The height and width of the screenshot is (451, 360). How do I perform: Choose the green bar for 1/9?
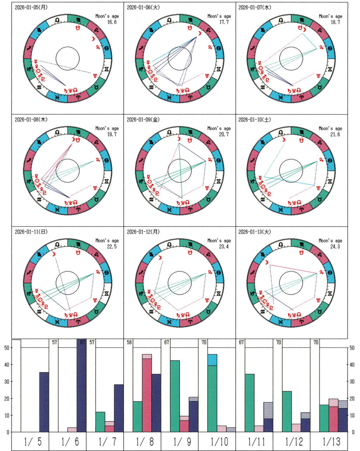tap(175, 396)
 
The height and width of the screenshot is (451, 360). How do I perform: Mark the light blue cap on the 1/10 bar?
tap(212, 360)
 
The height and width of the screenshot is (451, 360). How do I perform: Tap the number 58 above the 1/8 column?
tap(129, 342)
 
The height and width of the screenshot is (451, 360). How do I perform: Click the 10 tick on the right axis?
tap(352, 415)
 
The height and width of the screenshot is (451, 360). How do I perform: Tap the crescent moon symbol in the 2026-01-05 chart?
tap(93, 39)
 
